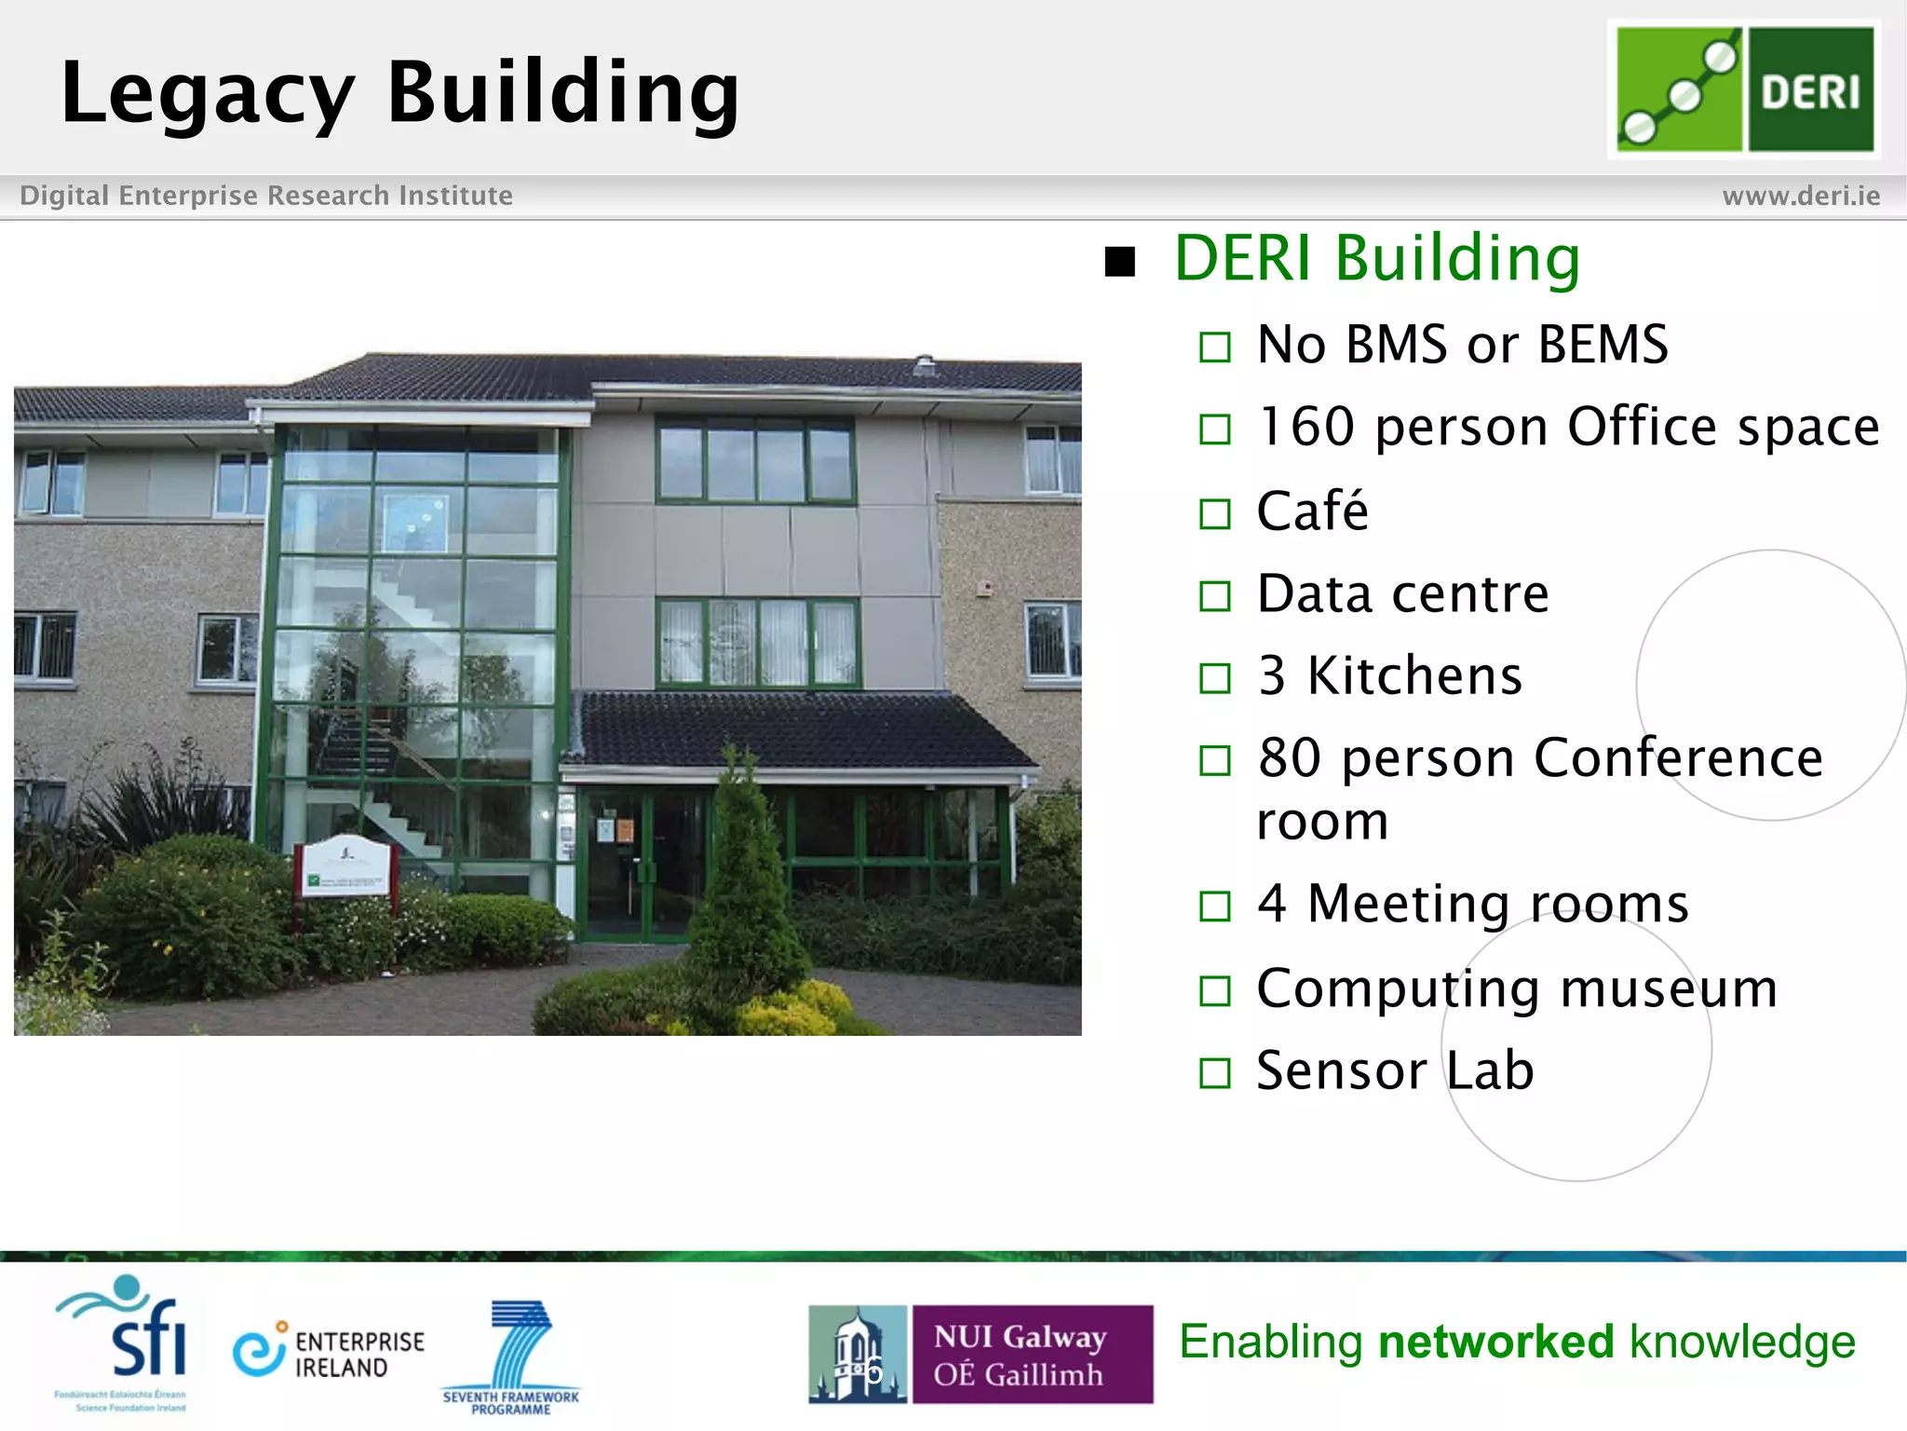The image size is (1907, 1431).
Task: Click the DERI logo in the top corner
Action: (1744, 89)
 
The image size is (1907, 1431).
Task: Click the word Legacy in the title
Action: (207, 93)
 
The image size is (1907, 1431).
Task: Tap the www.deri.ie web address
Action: (1801, 196)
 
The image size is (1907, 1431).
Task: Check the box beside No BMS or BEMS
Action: (1214, 348)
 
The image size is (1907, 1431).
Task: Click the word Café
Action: (1312, 511)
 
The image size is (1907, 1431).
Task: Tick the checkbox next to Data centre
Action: (1214, 596)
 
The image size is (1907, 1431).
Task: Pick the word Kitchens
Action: (1414, 675)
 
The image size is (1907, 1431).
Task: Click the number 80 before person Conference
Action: (1289, 757)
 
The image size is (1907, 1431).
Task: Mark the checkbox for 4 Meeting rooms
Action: (1214, 906)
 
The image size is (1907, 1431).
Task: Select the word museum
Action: (1669, 988)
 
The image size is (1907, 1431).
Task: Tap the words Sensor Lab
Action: (1395, 1070)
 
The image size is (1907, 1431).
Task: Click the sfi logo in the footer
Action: (126, 1342)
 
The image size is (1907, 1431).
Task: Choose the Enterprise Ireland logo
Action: (329, 1352)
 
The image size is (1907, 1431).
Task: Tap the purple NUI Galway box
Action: (1031, 1355)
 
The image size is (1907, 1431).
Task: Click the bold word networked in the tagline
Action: (1495, 1342)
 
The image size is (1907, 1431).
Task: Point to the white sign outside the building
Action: (345, 866)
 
